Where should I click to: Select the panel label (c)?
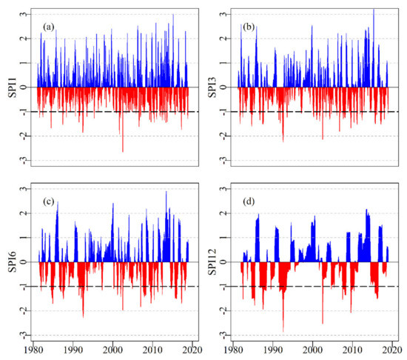tap(50, 204)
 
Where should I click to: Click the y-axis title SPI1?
tap(10, 87)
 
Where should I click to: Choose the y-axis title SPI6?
tap(10, 261)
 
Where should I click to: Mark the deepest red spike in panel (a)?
tap(123, 151)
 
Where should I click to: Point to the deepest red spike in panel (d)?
tap(283, 330)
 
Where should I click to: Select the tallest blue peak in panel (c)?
tap(166, 192)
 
